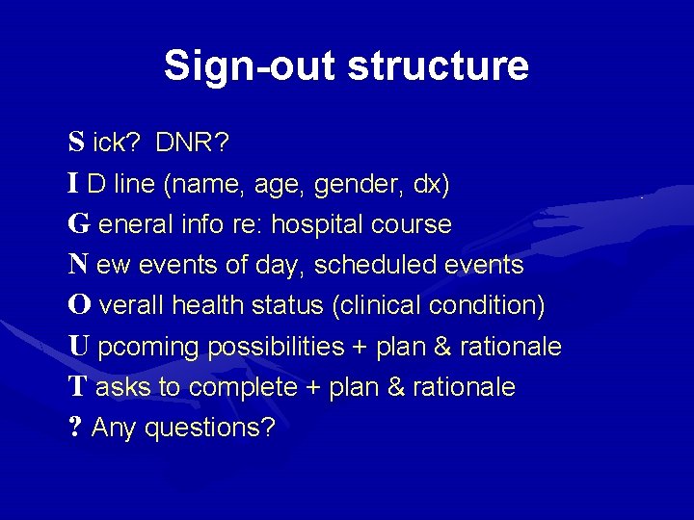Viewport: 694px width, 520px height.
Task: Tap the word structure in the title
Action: coord(438,66)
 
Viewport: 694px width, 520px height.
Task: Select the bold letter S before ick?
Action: coord(76,143)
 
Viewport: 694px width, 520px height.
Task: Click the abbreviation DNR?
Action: coord(192,143)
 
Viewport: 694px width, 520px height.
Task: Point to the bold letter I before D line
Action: coord(74,184)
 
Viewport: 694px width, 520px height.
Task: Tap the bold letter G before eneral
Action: coord(79,224)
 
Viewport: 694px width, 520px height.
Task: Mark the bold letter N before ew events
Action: coord(79,265)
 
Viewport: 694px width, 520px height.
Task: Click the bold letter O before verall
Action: coord(80,305)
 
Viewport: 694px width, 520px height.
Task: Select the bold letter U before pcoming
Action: coord(79,346)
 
